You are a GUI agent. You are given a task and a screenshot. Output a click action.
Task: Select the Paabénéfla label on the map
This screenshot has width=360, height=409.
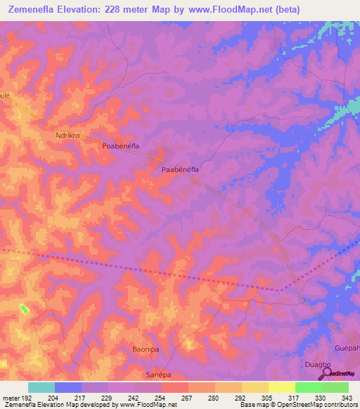181,169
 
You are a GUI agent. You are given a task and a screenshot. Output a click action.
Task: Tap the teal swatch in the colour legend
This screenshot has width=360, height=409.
41,387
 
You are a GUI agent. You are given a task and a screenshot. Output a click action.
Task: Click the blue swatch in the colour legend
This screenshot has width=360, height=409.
68,387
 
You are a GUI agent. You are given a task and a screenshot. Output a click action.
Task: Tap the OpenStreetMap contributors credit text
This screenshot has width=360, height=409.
321,405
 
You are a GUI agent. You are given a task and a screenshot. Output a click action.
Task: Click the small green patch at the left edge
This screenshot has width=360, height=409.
25,309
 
